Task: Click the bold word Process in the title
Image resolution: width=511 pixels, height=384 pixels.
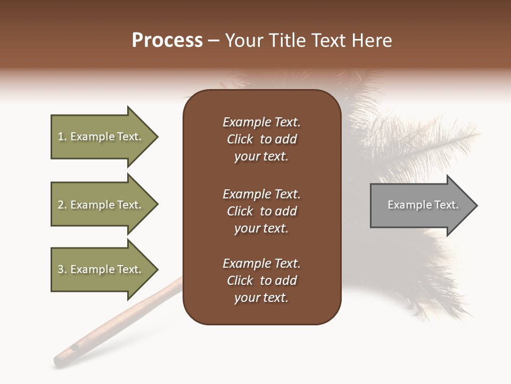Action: coord(167,41)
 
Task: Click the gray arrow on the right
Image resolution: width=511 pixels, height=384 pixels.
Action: coord(421,205)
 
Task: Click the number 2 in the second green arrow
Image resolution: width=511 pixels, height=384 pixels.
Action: coord(61,205)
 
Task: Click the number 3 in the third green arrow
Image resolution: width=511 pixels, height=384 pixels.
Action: coord(61,269)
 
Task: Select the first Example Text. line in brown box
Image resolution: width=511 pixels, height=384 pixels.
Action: coord(261,122)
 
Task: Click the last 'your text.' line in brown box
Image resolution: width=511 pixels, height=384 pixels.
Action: coord(261,298)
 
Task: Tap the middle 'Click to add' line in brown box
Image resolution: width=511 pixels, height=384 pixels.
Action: coord(261,211)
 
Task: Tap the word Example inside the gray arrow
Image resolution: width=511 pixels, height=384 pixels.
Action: coord(404,205)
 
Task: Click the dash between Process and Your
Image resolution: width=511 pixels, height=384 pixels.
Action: coord(213,41)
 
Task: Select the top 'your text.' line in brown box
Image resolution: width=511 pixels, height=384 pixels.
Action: coord(261,156)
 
